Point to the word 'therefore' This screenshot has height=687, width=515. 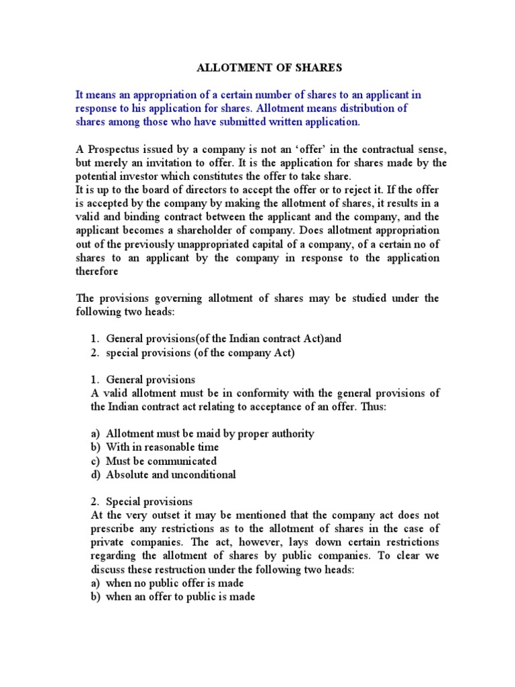pos(97,272)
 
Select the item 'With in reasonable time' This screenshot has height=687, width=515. pos(162,447)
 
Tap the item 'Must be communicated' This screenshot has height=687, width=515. pos(161,461)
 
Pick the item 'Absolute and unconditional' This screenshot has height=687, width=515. pos(171,474)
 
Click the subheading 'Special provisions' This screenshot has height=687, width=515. pos(150,502)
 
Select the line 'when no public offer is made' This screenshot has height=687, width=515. pos(174,583)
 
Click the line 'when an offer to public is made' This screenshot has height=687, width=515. pos(180,596)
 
